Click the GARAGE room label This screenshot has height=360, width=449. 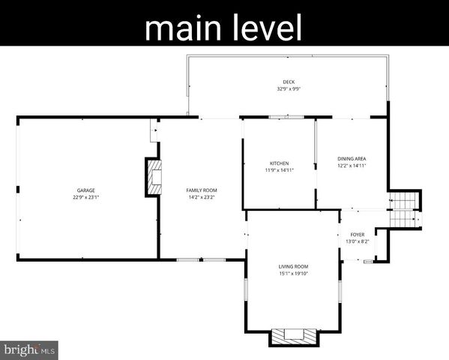[84, 190]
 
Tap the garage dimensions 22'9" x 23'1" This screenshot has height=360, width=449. [86, 197]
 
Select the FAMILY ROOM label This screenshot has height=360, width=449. [201, 190]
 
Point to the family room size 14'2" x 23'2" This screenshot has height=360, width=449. [201, 197]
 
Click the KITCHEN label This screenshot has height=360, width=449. [279, 163]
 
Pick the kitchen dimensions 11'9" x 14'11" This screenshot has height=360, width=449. [280, 170]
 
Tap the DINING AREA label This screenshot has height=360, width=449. [352, 159]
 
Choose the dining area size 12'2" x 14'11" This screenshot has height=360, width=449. [352, 166]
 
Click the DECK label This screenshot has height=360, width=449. [289, 82]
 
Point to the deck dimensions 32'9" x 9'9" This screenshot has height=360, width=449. [289, 88]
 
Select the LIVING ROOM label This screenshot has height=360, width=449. [293, 266]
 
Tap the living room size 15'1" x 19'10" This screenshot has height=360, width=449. [293, 273]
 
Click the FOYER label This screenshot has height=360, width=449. [357, 235]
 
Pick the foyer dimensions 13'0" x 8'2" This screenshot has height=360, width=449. [357, 241]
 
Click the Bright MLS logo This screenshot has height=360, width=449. [30, 349]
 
